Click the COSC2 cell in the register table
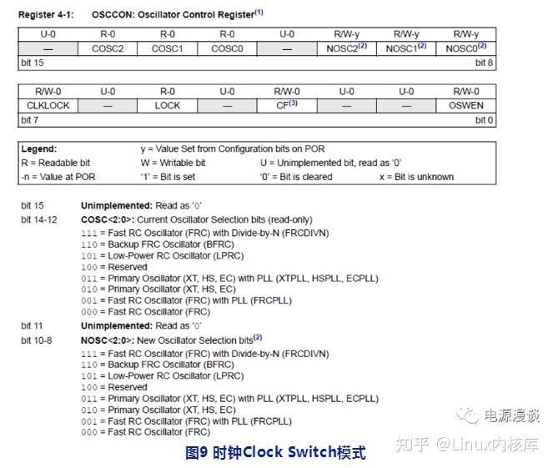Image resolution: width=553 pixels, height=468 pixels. click(108, 48)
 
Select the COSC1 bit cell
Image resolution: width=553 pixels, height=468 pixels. click(168, 48)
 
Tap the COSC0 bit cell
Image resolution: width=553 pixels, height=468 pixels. click(227, 48)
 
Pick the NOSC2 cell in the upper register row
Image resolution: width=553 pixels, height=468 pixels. click(346, 48)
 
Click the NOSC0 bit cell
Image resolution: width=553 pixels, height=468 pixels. click(465, 48)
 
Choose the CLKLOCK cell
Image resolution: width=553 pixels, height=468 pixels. click(48, 105)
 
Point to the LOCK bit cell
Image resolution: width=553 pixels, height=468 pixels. click(168, 105)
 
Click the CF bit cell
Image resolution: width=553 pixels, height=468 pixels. click(287, 105)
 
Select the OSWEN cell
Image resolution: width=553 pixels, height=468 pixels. click(465, 105)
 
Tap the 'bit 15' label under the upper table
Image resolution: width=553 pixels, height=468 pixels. click(32, 63)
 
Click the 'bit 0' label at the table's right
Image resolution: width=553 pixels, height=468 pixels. click(484, 120)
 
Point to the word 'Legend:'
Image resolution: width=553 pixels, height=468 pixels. click(39, 148)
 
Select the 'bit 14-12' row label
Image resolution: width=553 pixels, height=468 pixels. click(39, 219)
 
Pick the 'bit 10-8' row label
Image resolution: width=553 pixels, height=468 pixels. click(37, 340)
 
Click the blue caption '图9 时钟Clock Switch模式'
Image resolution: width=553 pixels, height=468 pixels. click(274, 453)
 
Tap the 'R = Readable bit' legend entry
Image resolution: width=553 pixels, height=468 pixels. click(55, 162)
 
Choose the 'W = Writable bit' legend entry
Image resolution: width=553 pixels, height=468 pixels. click(173, 162)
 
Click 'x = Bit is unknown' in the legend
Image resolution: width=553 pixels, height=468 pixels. click(416, 177)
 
